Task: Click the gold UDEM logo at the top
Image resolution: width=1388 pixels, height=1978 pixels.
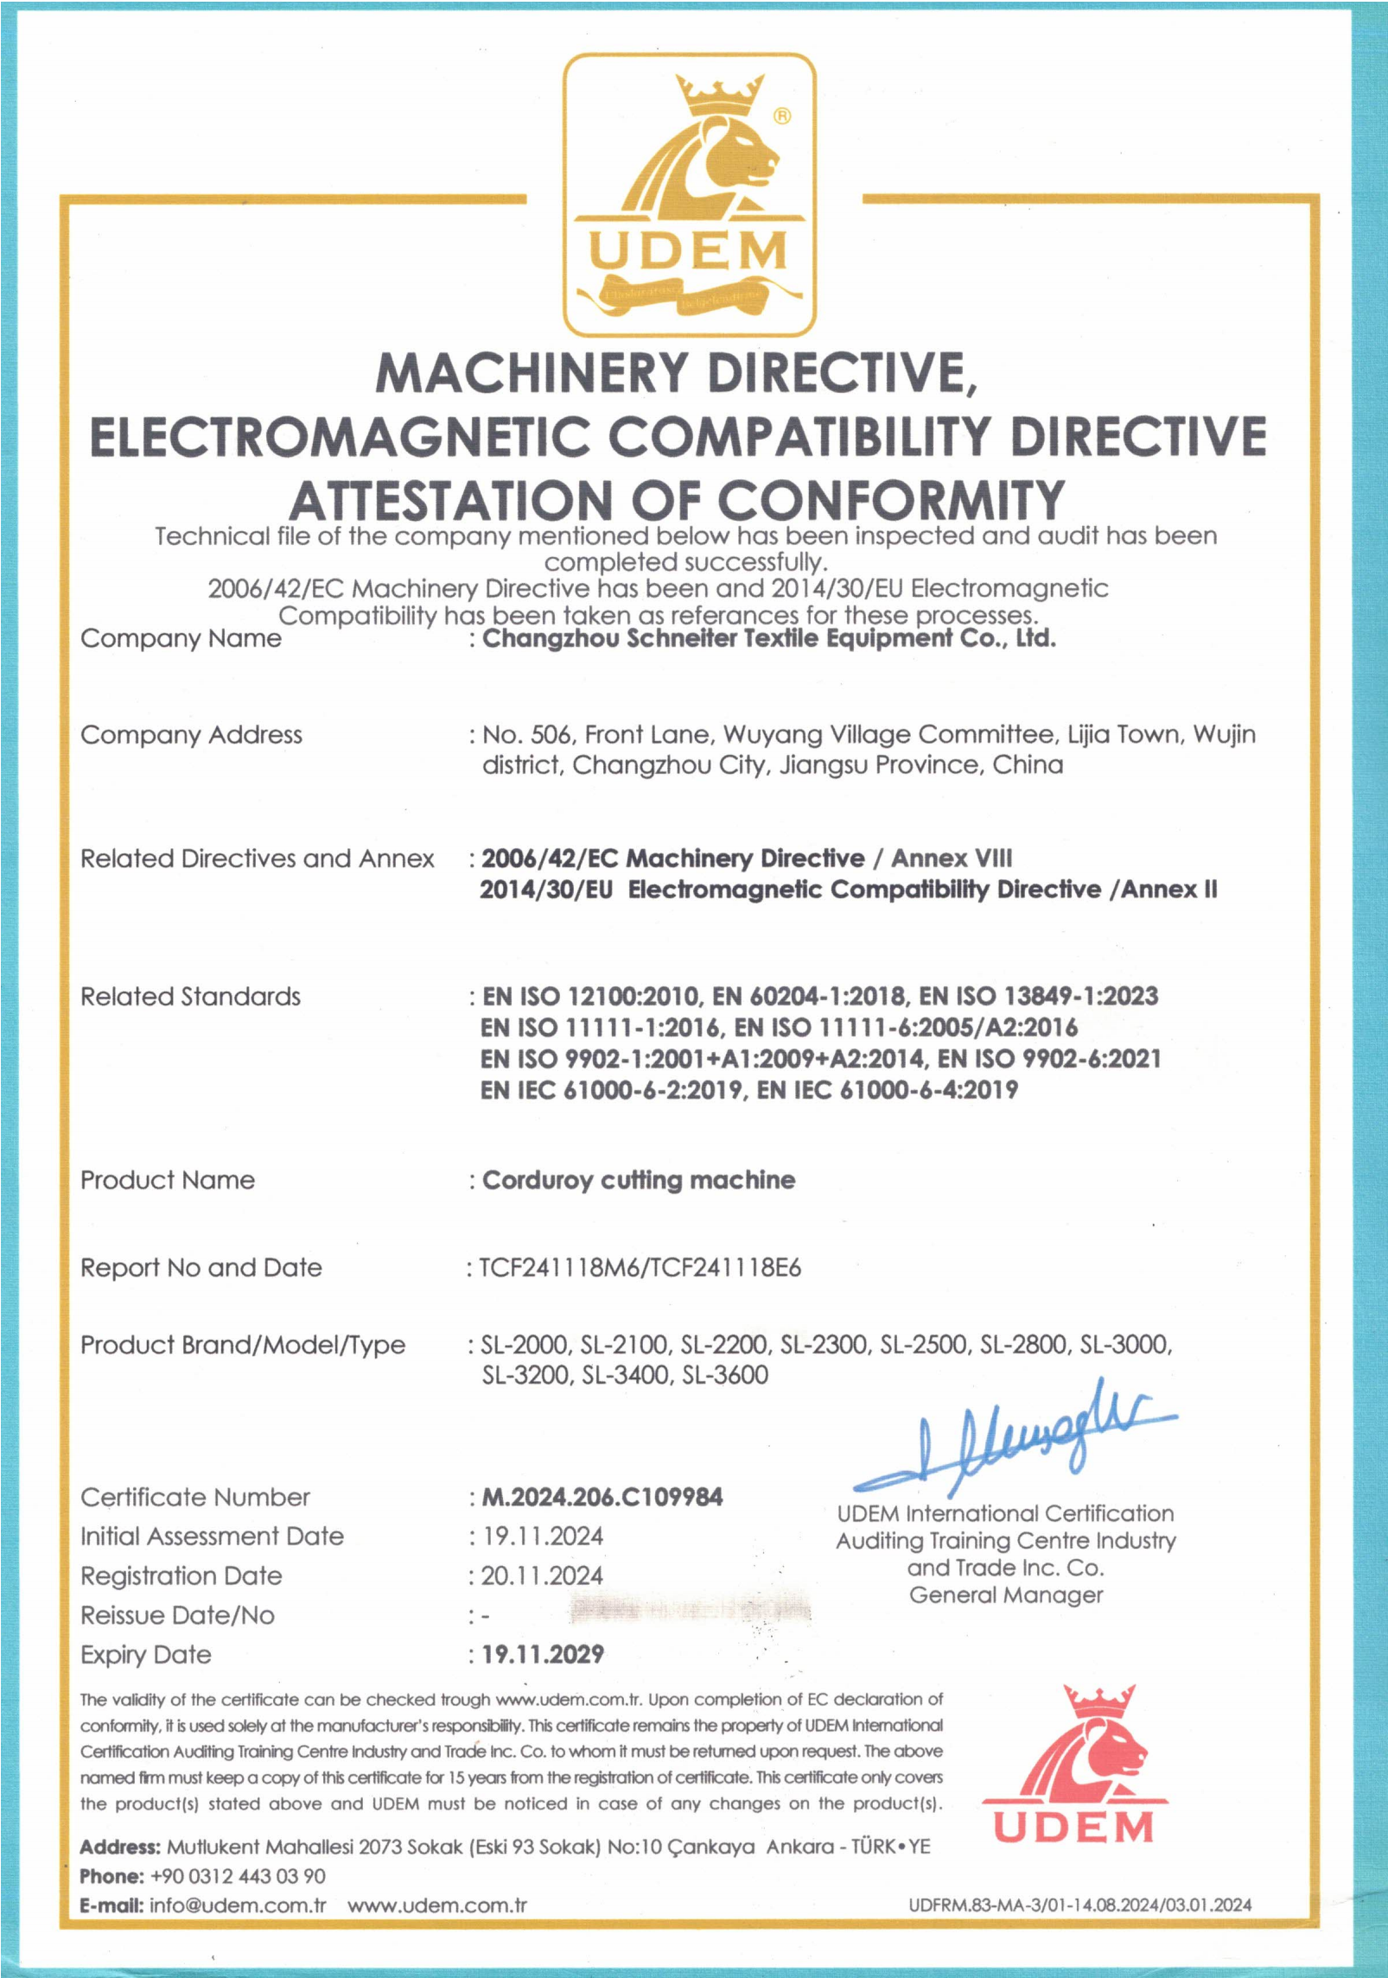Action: click(689, 194)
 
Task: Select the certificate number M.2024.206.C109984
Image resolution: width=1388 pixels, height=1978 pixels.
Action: click(602, 1497)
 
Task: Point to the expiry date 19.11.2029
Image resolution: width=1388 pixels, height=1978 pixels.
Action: click(543, 1654)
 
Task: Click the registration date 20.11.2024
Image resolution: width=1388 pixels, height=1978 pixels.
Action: click(542, 1575)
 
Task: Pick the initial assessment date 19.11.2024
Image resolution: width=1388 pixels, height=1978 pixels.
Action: click(543, 1536)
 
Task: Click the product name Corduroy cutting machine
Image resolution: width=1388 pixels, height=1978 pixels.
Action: click(639, 1180)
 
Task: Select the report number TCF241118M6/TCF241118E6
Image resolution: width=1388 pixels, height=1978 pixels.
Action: click(640, 1267)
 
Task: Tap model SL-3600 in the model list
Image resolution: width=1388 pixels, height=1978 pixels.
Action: click(724, 1374)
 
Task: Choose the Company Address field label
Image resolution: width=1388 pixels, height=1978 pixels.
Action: click(191, 735)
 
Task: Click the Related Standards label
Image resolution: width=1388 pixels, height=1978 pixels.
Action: click(190, 997)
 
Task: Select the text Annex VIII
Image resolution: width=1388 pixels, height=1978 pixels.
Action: click(952, 859)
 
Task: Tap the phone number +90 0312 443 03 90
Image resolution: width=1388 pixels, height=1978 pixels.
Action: click(238, 1876)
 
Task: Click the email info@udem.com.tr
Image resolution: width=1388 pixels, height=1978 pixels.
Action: click(238, 1905)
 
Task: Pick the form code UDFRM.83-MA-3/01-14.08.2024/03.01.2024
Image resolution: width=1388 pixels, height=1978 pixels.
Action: click(1079, 1905)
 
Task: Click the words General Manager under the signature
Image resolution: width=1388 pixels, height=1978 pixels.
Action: click(1006, 1594)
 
